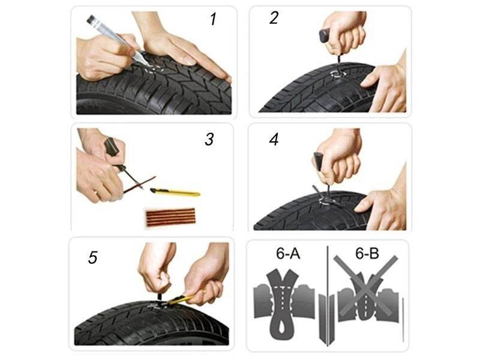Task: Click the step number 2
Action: coord(274,17)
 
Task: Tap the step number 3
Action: coord(209,139)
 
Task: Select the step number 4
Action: coord(274,139)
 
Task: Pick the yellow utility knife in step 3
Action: coord(175,192)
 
